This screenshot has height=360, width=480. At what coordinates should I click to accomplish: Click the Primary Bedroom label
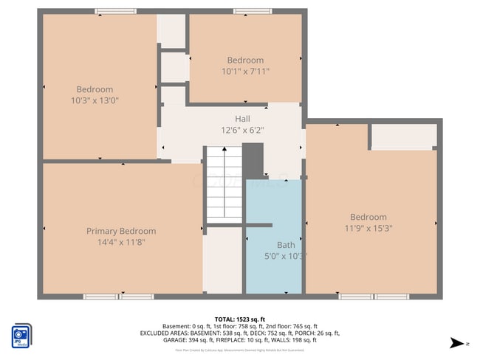click(121, 231)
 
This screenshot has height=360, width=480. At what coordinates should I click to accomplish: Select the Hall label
click(242, 119)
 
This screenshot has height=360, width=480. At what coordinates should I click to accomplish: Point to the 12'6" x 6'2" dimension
click(242, 130)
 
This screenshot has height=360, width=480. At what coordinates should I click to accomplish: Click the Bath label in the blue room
click(285, 245)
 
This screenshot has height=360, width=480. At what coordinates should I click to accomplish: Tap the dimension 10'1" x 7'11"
click(245, 72)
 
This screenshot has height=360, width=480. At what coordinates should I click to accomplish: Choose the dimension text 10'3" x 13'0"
click(95, 100)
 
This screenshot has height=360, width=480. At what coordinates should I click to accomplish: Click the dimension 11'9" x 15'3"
click(368, 228)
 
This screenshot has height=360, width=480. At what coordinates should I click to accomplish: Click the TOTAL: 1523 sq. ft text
click(239, 317)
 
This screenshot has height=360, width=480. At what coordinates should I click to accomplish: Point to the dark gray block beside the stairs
click(253, 160)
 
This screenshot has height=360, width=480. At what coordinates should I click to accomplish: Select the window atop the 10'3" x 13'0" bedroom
click(115, 11)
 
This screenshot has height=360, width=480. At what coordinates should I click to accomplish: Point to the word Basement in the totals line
click(176, 326)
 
